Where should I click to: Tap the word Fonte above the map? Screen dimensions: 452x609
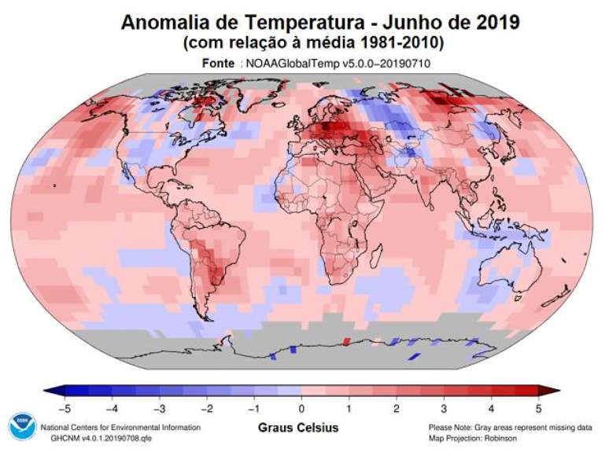coord(218,63)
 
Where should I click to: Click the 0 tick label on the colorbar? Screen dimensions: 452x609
coord(301,408)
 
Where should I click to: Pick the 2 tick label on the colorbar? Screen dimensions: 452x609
coord(397,408)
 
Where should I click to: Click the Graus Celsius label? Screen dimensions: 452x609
coord(299,428)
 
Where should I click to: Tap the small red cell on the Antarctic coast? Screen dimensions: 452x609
coord(347,341)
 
